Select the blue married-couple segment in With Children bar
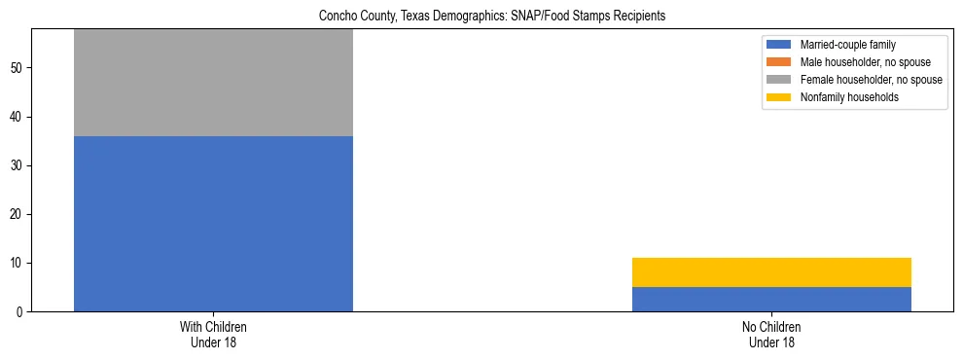[x=213, y=224]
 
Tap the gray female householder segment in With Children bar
[x=213, y=83]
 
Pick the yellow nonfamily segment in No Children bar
[x=771, y=272]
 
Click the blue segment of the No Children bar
[x=771, y=300]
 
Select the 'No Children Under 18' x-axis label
[x=771, y=334]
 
